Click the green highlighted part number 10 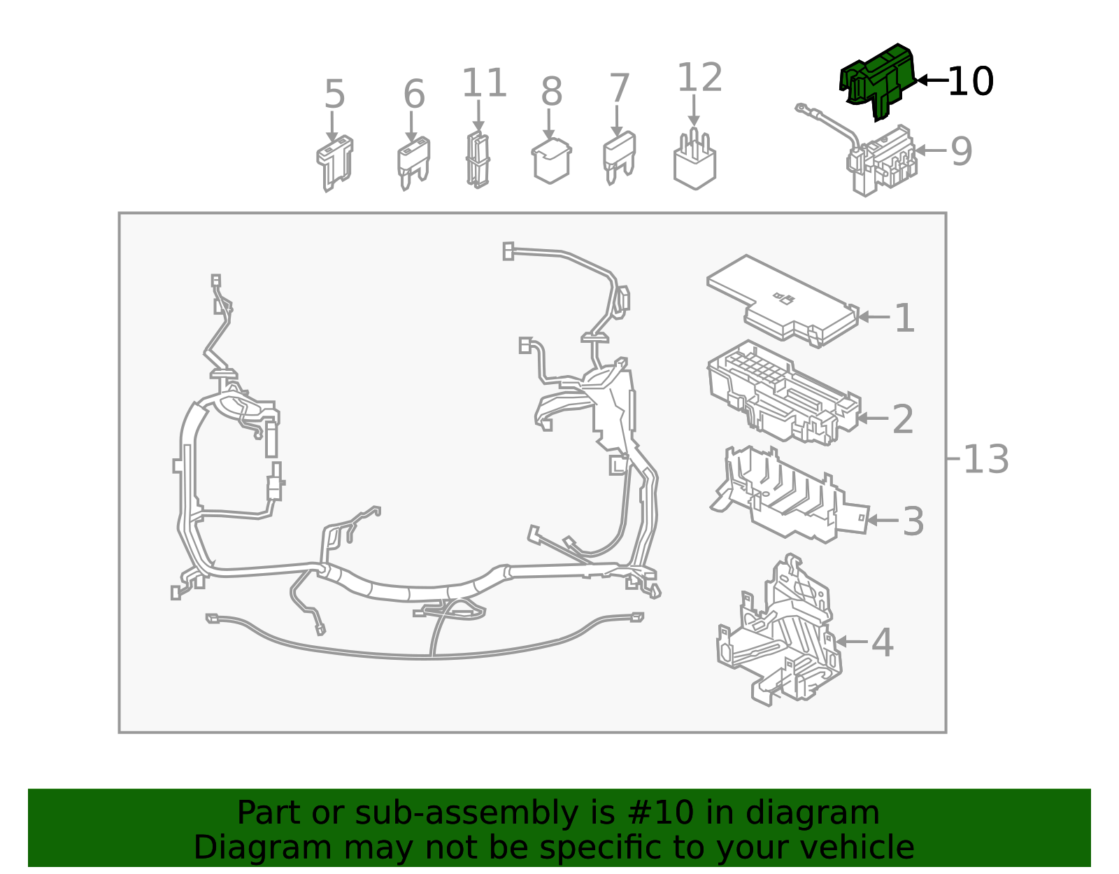tap(878, 81)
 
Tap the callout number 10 tap(971, 81)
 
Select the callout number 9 tap(961, 151)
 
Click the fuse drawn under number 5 tap(335, 163)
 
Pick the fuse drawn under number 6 tap(413, 163)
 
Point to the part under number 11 tap(478, 160)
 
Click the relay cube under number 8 tap(551, 161)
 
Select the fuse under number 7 tap(619, 157)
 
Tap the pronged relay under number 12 tap(694, 160)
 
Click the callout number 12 tap(700, 77)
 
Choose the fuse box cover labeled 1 tap(783, 302)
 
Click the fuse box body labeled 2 tap(784, 393)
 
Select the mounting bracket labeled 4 tap(779, 631)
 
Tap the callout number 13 tap(985, 460)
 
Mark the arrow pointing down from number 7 tap(617, 120)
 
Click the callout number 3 tap(913, 521)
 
